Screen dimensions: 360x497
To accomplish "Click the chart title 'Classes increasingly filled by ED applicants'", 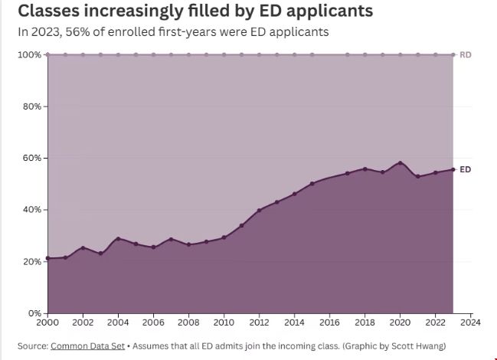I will pyautogui.click(x=195, y=11).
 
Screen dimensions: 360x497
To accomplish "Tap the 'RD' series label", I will pyautogui.click(x=465, y=55).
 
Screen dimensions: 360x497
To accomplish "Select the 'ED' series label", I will pyautogui.click(x=465, y=169).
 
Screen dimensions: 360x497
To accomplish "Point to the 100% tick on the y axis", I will pyautogui.click(x=29, y=54).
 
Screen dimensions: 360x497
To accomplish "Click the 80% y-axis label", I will pyautogui.click(x=31, y=106).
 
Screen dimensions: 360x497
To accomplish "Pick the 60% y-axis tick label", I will pyautogui.click(x=31, y=158).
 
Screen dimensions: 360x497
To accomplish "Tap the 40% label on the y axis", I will pyautogui.click(x=31, y=210).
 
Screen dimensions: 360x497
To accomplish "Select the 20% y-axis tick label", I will pyautogui.click(x=31, y=261).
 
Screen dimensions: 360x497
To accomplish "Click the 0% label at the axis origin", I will pyautogui.click(x=34, y=313).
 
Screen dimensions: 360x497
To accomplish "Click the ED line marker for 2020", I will pyautogui.click(x=400, y=163).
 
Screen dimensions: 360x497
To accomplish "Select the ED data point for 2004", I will pyautogui.click(x=118, y=239).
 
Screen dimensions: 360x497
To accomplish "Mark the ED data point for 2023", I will pyautogui.click(x=453, y=169).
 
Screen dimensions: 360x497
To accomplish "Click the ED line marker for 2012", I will pyautogui.click(x=259, y=210).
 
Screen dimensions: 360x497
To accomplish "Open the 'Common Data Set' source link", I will pyautogui.click(x=87, y=346).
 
